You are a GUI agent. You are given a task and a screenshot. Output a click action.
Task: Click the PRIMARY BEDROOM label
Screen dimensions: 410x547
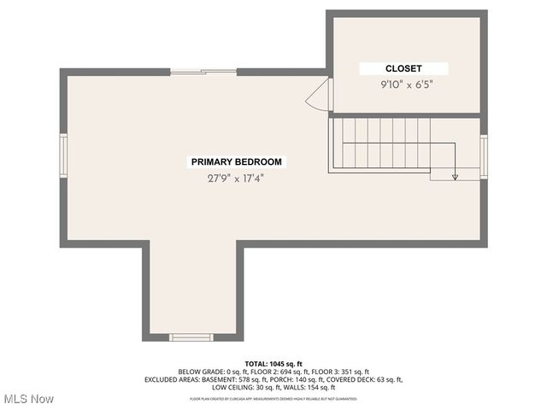point(236,161)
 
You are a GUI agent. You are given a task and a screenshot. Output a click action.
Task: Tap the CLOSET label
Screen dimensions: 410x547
point(403,68)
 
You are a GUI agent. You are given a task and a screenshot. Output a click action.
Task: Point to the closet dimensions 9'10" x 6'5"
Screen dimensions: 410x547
point(403,85)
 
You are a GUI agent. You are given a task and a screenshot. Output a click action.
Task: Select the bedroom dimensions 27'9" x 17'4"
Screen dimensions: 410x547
point(235,179)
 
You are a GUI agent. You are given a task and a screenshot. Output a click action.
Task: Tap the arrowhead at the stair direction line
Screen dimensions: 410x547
point(455,177)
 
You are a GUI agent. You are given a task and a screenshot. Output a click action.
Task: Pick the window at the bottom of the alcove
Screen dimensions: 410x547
point(191,337)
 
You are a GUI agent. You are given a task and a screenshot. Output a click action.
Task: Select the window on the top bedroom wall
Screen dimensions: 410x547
point(203,72)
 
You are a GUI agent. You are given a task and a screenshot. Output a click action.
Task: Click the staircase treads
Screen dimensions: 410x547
point(381,143)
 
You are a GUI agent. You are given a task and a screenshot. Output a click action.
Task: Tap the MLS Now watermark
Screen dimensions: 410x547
point(29,399)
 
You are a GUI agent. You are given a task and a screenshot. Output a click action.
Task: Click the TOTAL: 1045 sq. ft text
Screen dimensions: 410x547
point(273,364)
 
